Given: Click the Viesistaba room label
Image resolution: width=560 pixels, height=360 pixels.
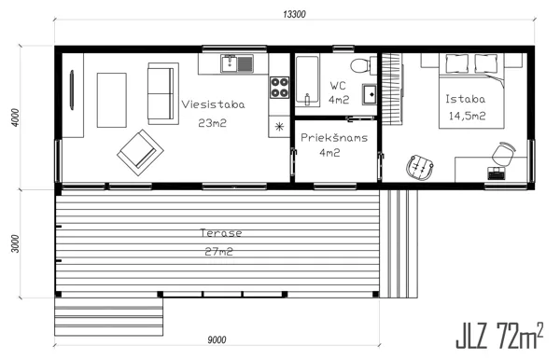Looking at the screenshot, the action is click(213, 104).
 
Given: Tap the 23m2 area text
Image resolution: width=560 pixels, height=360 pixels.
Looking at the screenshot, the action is click(213, 123).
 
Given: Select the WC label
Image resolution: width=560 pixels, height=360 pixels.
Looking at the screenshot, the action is click(338, 86).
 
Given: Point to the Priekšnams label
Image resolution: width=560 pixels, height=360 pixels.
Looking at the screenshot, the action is click(334, 137).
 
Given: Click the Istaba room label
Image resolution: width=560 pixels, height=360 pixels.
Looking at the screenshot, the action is click(466, 99).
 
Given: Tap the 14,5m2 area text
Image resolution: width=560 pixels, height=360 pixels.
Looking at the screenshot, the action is click(468, 116).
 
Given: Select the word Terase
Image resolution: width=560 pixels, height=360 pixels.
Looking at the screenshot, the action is click(221, 233).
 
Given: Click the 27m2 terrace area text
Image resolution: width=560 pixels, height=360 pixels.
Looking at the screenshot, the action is click(219, 252).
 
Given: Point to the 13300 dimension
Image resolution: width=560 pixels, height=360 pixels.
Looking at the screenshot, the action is click(294, 14).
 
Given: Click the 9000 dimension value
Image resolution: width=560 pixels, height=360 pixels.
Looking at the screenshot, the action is click(217, 340).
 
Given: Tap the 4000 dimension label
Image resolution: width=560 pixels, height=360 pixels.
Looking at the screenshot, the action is click(15, 118).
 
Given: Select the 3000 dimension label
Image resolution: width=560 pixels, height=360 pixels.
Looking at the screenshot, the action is click(15, 243).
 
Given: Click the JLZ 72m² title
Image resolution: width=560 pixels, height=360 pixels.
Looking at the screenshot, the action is click(499, 336).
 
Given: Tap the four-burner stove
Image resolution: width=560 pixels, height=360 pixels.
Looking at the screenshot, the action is click(280, 87).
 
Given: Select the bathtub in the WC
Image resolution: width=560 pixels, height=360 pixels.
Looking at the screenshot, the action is click(307, 81).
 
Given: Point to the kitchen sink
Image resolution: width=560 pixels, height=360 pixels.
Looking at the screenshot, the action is click(237, 63).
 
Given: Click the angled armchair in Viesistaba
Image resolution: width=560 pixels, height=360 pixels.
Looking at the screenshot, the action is click(140, 153).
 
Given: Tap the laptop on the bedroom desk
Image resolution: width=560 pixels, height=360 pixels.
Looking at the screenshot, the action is click(497, 173).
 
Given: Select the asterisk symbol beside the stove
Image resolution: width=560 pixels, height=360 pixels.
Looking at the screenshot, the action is click(279, 126).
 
